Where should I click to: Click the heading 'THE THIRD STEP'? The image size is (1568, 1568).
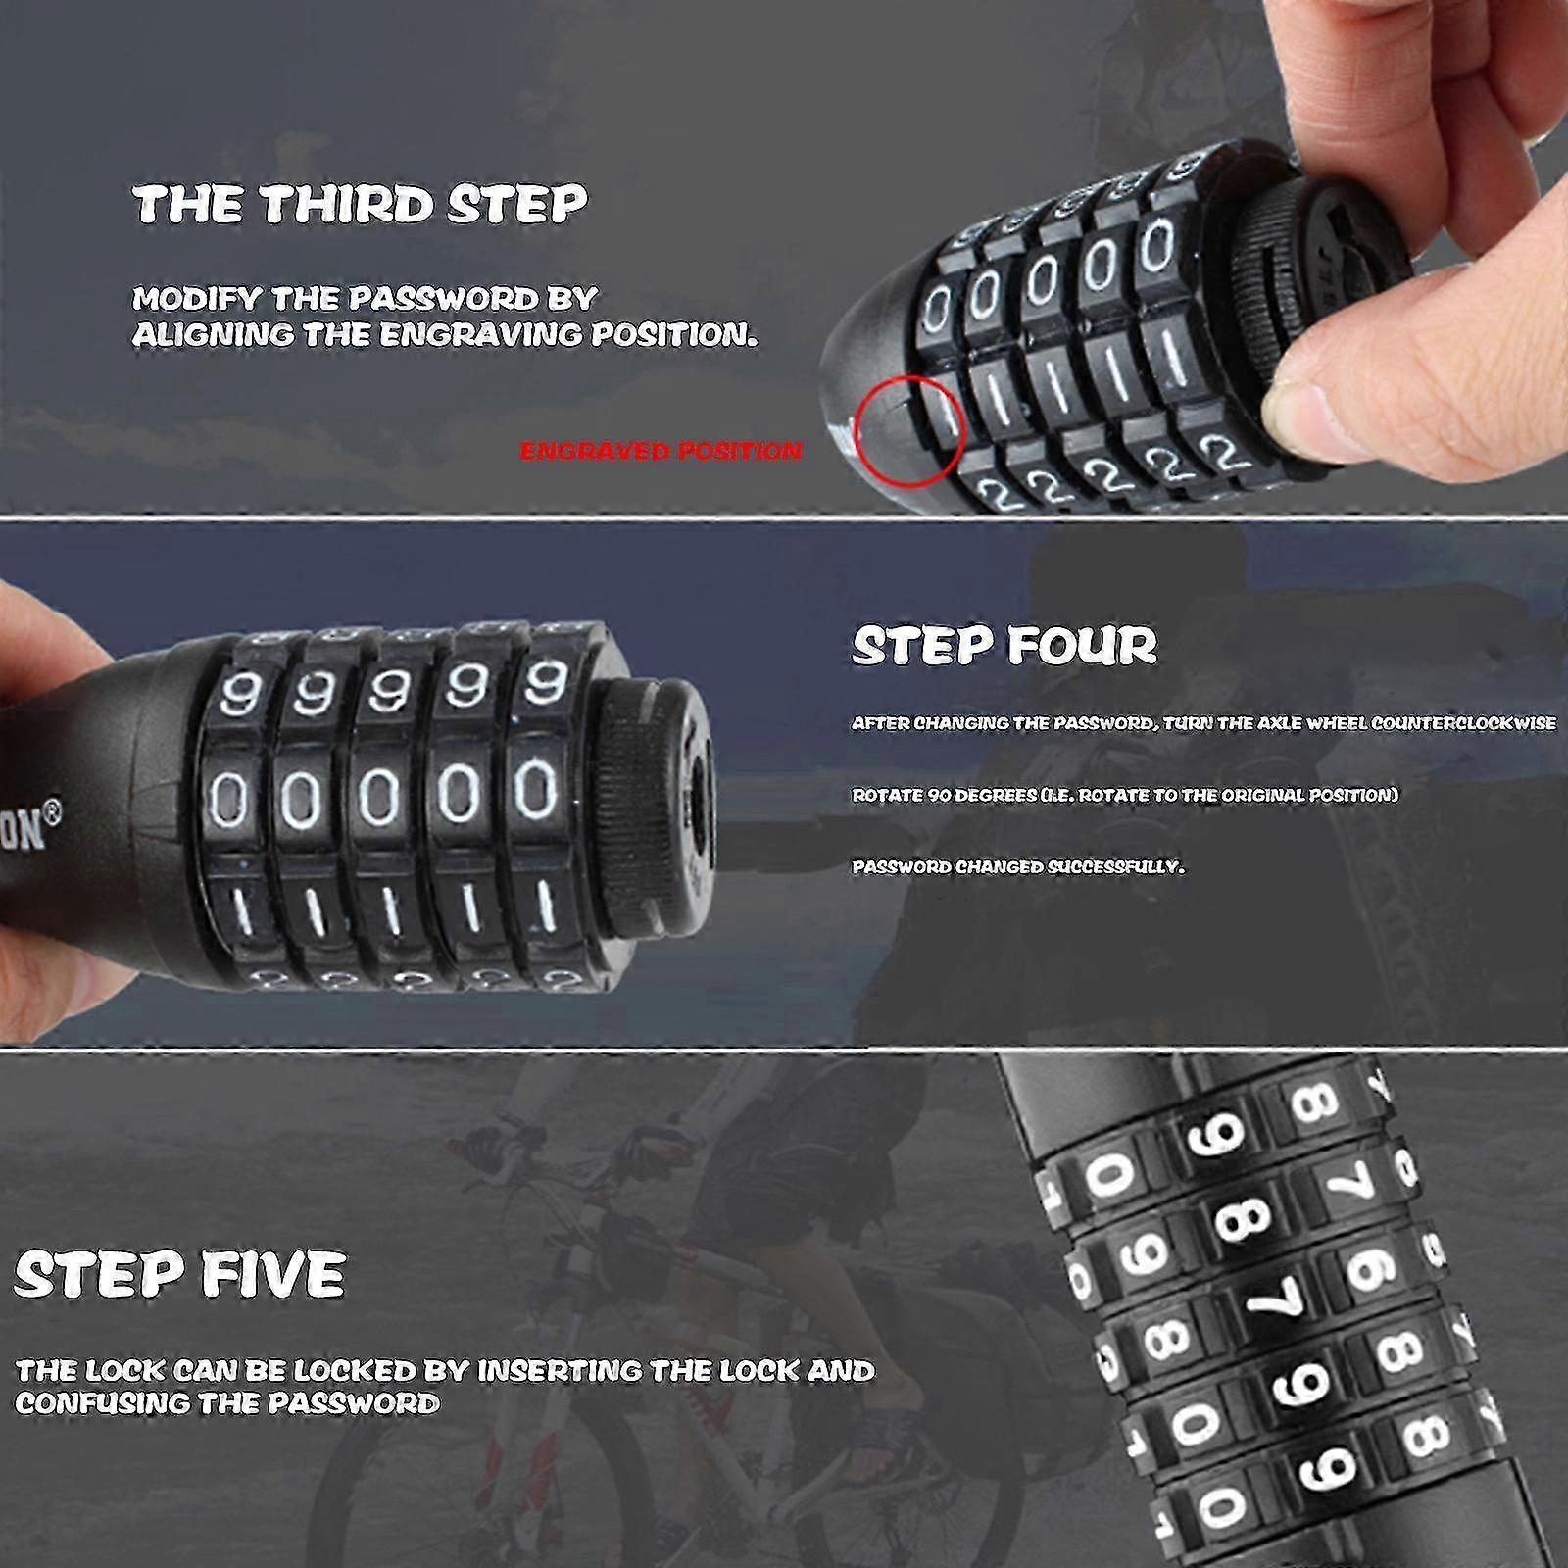360,204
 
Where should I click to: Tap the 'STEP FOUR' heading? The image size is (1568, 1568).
1004,645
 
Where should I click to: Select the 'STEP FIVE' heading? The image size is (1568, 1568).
180,1274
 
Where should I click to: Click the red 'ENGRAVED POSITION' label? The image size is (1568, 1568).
661,451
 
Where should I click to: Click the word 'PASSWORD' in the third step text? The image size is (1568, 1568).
472,299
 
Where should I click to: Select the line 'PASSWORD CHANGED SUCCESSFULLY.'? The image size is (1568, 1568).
1017,867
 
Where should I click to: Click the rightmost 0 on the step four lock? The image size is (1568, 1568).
535,789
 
